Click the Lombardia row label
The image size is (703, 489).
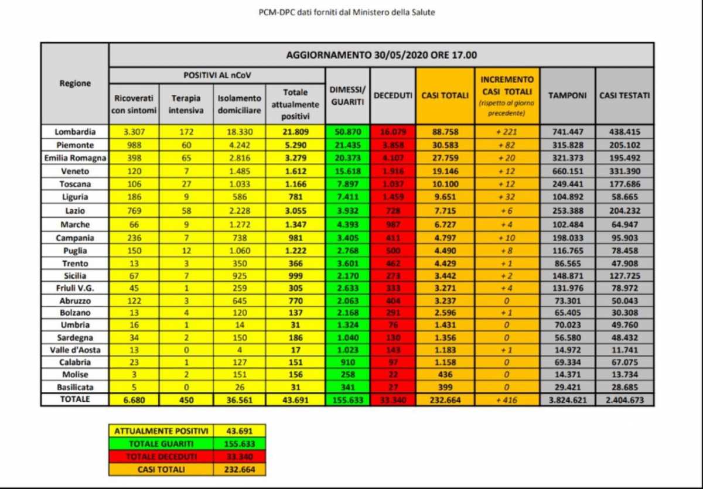pyautogui.click(x=74, y=132)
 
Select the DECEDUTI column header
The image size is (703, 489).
pyautogui.click(x=393, y=95)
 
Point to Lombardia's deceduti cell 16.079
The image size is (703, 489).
pyautogui.click(x=393, y=132)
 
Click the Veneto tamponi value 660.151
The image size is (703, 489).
pyautogui.click(x=567, y=170)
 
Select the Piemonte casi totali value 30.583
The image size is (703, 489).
pyautogui.click(x=445, y=145)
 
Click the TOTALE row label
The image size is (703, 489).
pyautogui.click(x=74, y=399)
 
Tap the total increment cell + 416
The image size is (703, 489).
pyautogui.click(x=507, y=400)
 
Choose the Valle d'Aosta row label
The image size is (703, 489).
pyautogui.click(x=74, y=350)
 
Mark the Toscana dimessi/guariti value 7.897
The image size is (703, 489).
pyautogui.click(x=348, y=183)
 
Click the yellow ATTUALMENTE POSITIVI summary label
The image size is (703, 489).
pyautogui.click(x=161, y=430)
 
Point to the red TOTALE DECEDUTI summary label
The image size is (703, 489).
pyautogui.click(x=161, y=456)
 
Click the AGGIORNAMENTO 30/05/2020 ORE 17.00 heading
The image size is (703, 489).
pyautogui.click(x=381, y=56)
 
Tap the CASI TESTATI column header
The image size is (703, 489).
pyautogui.click(x=624, y=95)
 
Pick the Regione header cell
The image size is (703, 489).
pyautogui.click(x=75, y=83)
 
